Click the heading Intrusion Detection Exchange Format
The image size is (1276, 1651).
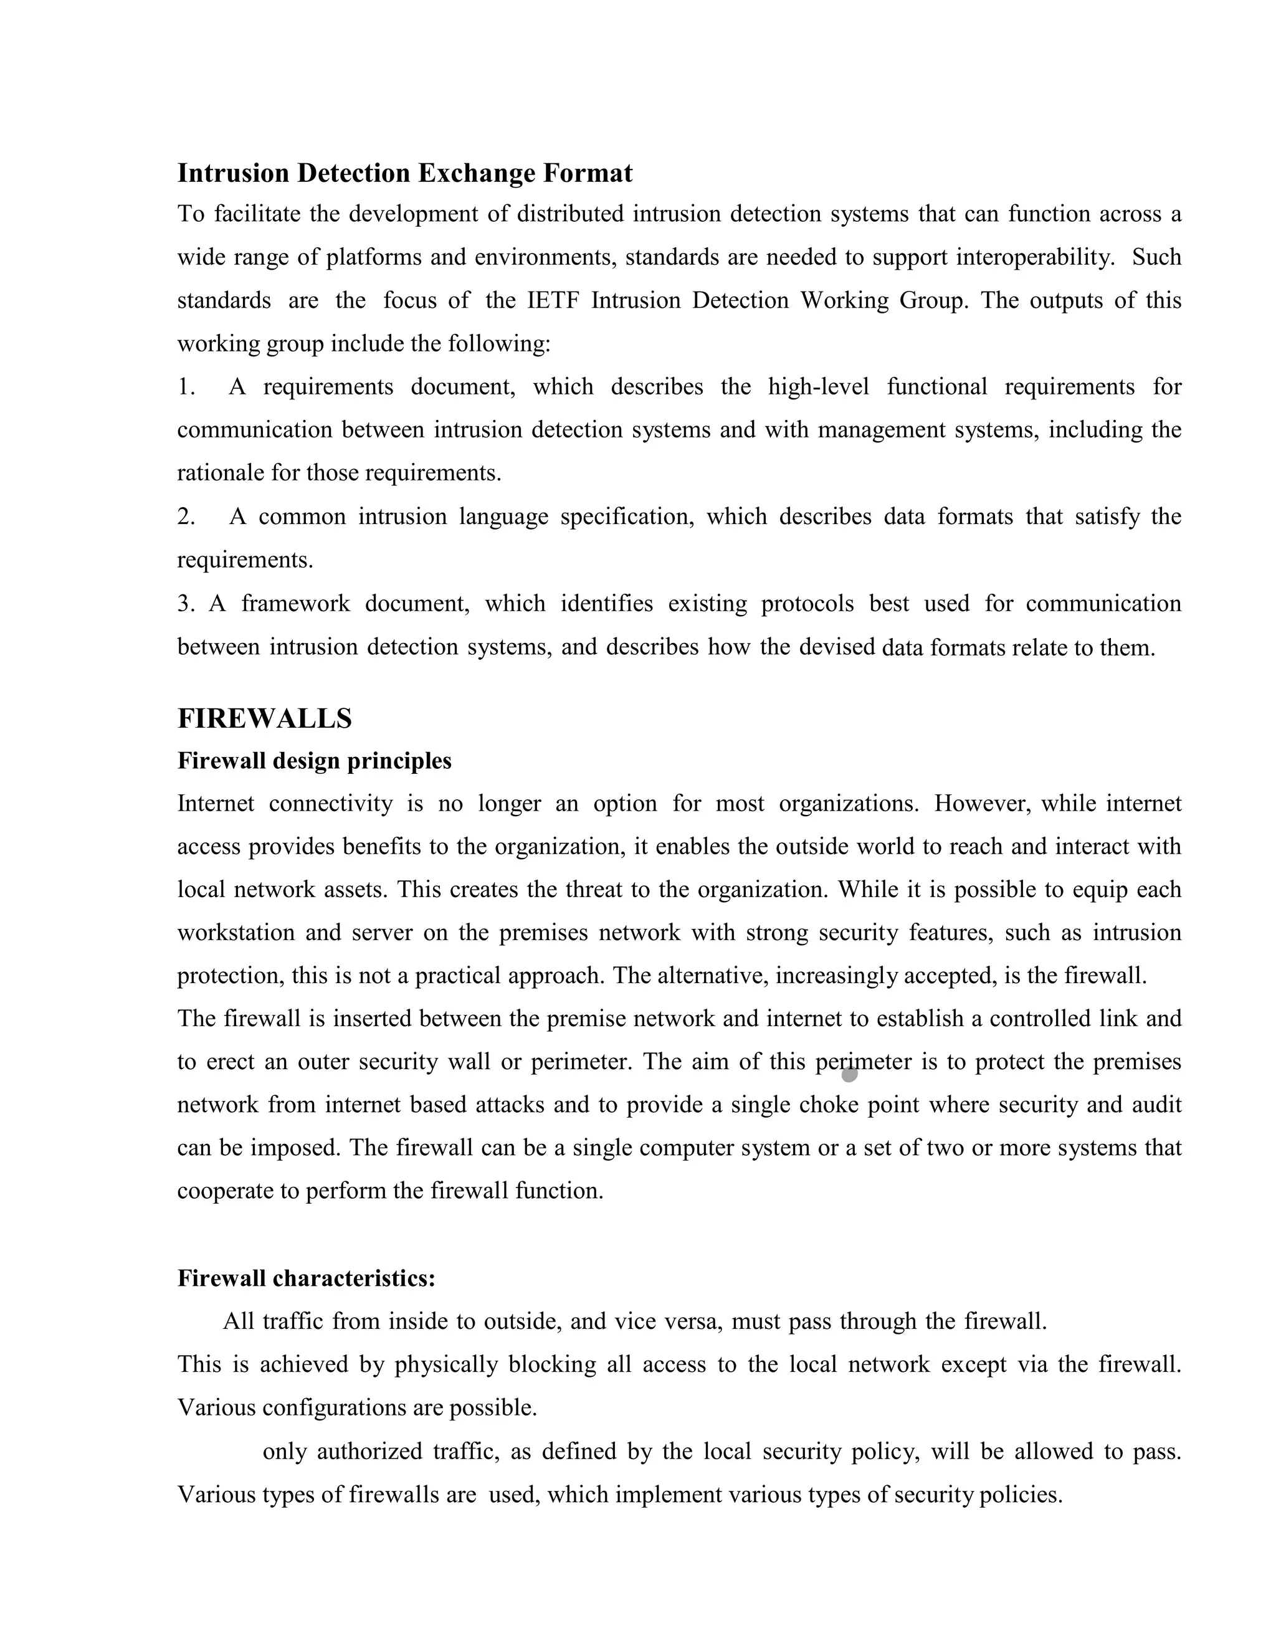tap(404, 173)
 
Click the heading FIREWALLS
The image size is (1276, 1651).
tap(265, 718)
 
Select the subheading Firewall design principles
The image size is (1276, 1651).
tap(314, 761)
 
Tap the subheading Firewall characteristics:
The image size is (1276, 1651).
tap(306, 1278)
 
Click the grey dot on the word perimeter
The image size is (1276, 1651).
tap(850, 1073)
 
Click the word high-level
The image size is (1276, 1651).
tap(818, 387)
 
